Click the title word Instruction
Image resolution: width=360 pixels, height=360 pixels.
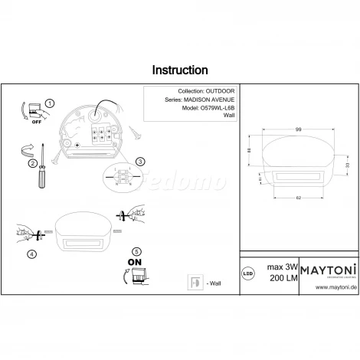click(179, 70)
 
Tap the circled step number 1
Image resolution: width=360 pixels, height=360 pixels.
click(50, 103)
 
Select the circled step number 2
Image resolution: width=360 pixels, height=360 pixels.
click(33, 163)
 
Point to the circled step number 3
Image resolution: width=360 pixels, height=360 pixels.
click(139, 162)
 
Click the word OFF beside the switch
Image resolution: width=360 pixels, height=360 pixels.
click(34, 120)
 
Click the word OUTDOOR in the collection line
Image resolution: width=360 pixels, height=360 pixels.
click(217, 90)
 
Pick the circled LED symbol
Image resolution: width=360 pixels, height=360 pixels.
click(249, 272)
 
